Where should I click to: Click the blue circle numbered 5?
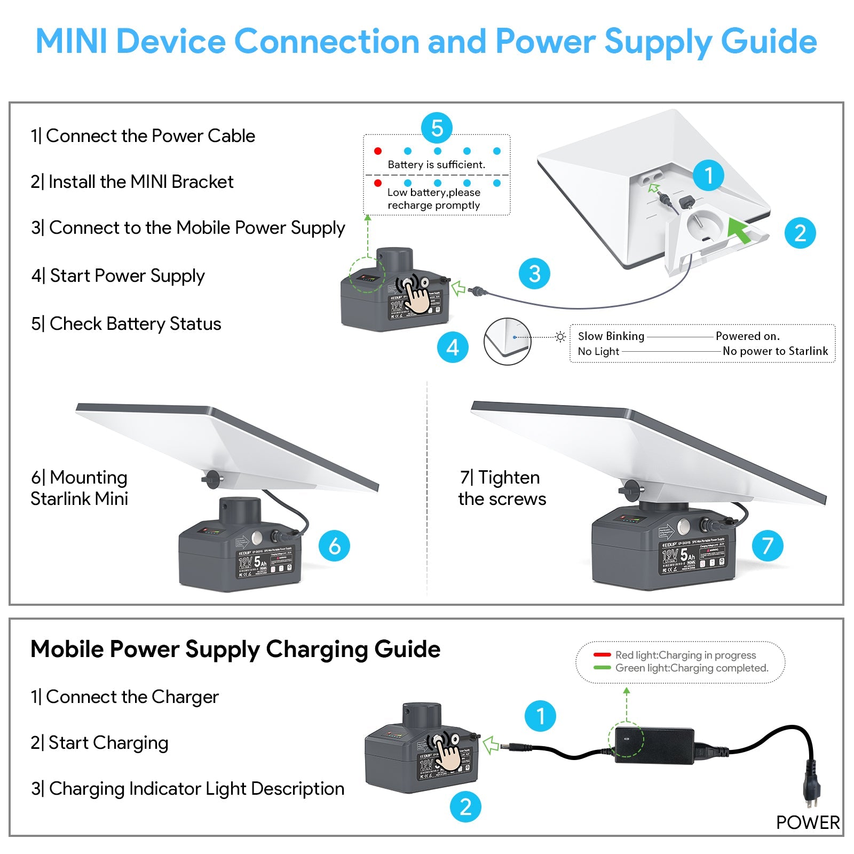point(437,128)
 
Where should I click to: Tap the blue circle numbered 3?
point(534,274)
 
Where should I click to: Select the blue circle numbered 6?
point(334,545)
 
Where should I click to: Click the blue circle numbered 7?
point(768,545)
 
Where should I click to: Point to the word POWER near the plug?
point(808,823)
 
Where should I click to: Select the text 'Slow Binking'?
point(611,336)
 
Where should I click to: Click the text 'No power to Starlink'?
point(775,351)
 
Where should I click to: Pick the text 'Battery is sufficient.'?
point(437,165)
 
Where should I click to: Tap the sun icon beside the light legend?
point(560,337)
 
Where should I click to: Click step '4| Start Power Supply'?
point(118,276)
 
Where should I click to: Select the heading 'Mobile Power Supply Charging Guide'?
point(235,650)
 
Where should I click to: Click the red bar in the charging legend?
point(602,655)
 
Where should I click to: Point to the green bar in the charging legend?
point(602,668)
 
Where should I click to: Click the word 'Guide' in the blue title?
point(769,42)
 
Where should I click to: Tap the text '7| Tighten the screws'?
point(502,488)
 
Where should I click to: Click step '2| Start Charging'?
point(100,743)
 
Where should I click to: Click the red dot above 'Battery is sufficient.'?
point(378,151)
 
